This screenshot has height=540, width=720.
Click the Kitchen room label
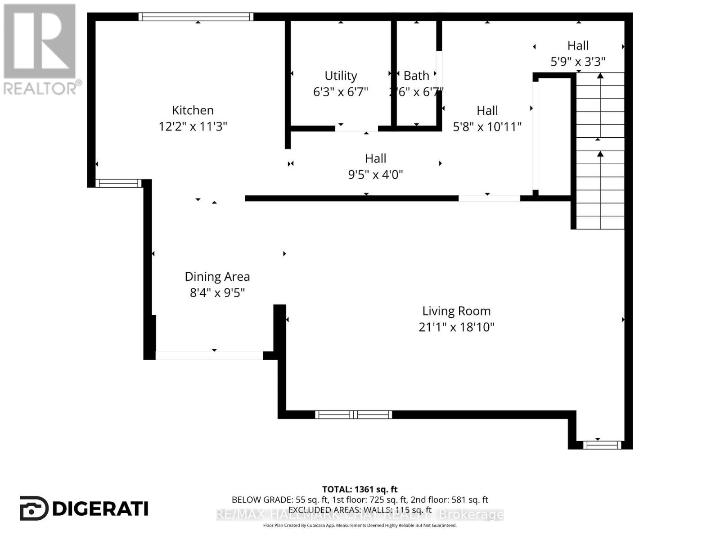(x=193, y=110)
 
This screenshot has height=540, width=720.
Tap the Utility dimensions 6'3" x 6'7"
(x=341, y=92)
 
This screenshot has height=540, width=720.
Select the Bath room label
(x=416, y=76)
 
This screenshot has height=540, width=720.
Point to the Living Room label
(x=456, y=311)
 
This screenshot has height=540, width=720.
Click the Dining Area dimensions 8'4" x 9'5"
(x=217, y=293)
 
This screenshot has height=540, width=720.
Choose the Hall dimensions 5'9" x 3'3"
(x=578, y=62)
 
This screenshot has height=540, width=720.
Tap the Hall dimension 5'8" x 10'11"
(x=487, y=127)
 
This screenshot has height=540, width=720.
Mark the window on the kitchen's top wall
(x=196, y=17)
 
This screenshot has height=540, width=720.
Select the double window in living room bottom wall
(x=353, y=414)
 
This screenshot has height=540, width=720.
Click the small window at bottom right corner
(x=602, y=445)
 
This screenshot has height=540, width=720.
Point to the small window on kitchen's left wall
(x=118, y=183)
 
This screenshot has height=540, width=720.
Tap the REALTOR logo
(x=40, y=49)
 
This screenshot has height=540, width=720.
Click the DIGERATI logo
(x=84, y=508)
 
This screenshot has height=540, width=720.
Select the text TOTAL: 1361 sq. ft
(x=360, y=489)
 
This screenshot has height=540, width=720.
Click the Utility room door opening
(x=356, y=129)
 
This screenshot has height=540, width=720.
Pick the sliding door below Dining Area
(x=209, y=355)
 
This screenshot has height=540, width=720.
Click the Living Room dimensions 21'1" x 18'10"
(x=456, y=327)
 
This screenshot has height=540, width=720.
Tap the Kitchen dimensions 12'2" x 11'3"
(x=193, y=126)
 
